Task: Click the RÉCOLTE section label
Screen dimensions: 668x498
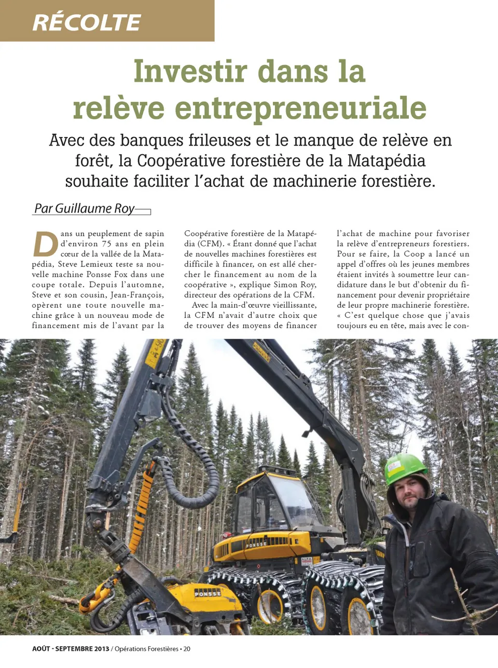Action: pos(87,22)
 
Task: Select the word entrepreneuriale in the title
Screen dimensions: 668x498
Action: pos(301,108)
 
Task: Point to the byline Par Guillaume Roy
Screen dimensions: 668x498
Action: pos(84,208)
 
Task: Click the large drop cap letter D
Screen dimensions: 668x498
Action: pos(46,244)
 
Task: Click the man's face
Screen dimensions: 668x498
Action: pos(409,492)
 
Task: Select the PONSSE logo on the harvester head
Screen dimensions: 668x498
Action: pos(208,593)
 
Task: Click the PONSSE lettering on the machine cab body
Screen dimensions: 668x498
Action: pos(256,545)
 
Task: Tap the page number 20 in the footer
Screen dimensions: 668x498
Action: pos(187,649)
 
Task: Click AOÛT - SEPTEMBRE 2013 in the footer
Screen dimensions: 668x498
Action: pos(71,649)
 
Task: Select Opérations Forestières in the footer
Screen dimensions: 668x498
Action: pos(146,649)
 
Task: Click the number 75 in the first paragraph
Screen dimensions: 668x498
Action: pos(107,244)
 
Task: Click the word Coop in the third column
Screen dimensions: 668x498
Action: pos(414,254)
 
